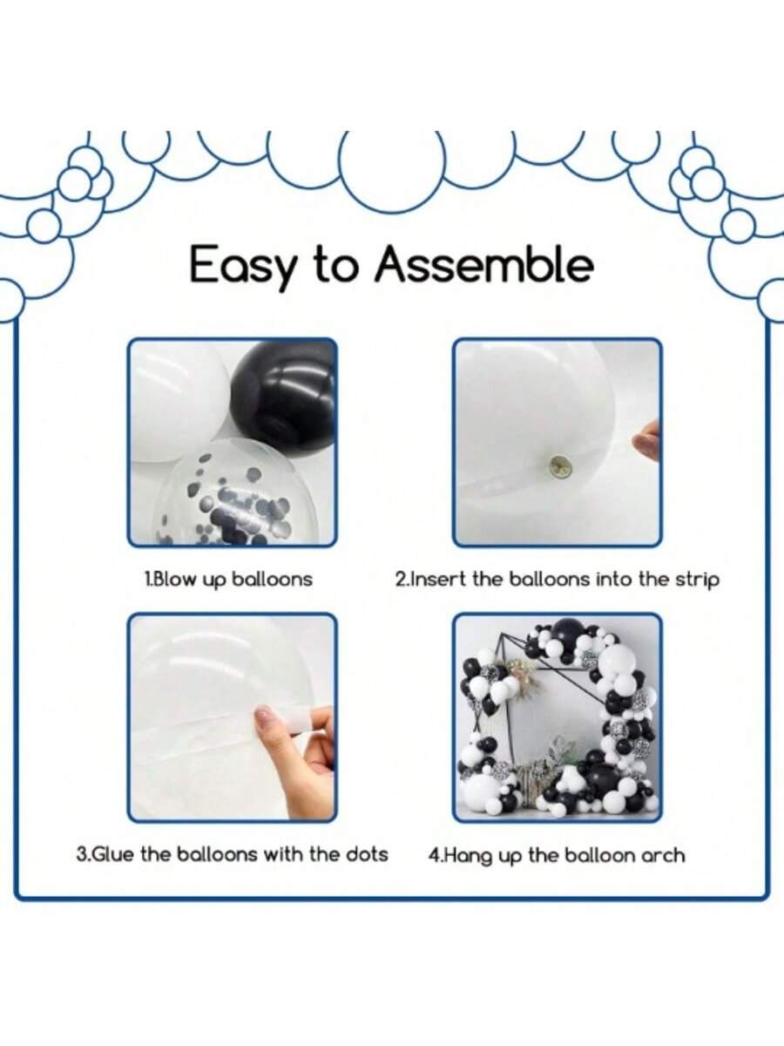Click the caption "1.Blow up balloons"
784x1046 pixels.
pyautogui.click(x=228, y=580)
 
